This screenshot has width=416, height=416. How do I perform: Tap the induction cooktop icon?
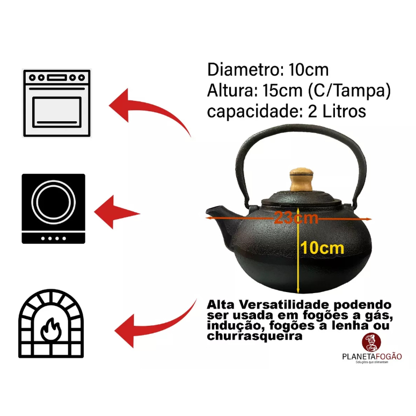pyautogui.click(x=53, y=208)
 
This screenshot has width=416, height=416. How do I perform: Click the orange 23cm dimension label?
pyautogui.click(x=296, y=218)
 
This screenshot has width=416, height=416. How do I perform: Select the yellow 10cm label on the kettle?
pyautogui.click(x=322, y=248)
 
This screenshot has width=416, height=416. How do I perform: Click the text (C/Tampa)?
pyautogui.click(x=349, y=90)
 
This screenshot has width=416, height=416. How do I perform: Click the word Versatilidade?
pyautogui.click(x=278, y=304)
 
